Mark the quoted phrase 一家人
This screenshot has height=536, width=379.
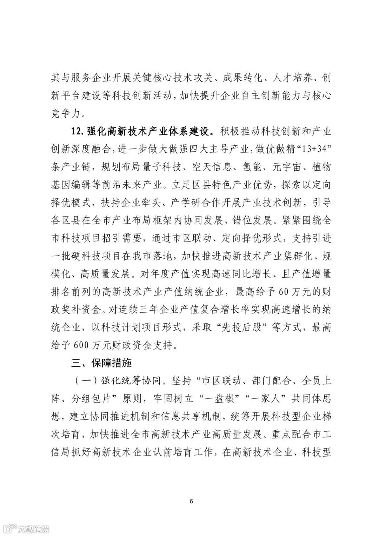(276, 399)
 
